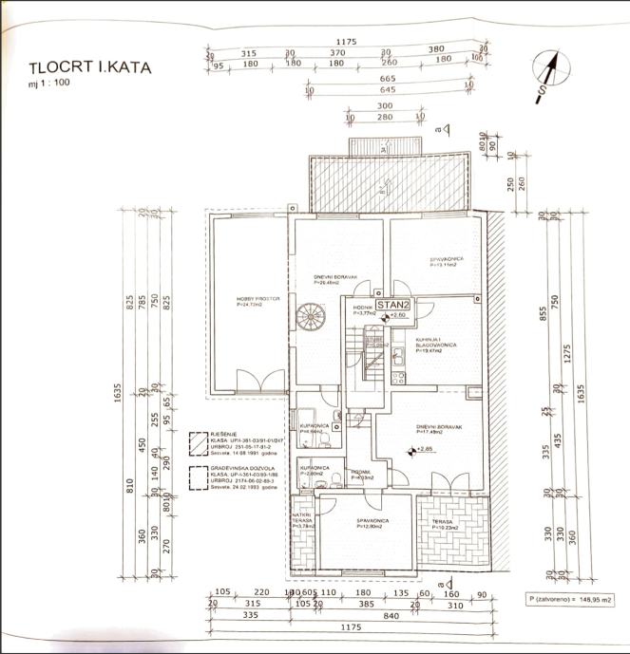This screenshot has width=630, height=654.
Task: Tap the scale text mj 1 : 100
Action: point(50,84)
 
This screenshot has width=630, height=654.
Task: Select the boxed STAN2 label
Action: point(391,305)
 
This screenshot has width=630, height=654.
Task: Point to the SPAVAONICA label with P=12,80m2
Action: point(369,525)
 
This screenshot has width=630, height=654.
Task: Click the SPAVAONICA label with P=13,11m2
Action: point(447,261)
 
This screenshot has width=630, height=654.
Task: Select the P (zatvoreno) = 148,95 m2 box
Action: point(573,601)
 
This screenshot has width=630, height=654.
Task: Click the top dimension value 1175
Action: point(345,42)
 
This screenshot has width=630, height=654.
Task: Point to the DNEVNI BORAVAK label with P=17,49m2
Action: point(438,429)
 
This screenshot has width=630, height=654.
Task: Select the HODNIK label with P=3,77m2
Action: point(363,310)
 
